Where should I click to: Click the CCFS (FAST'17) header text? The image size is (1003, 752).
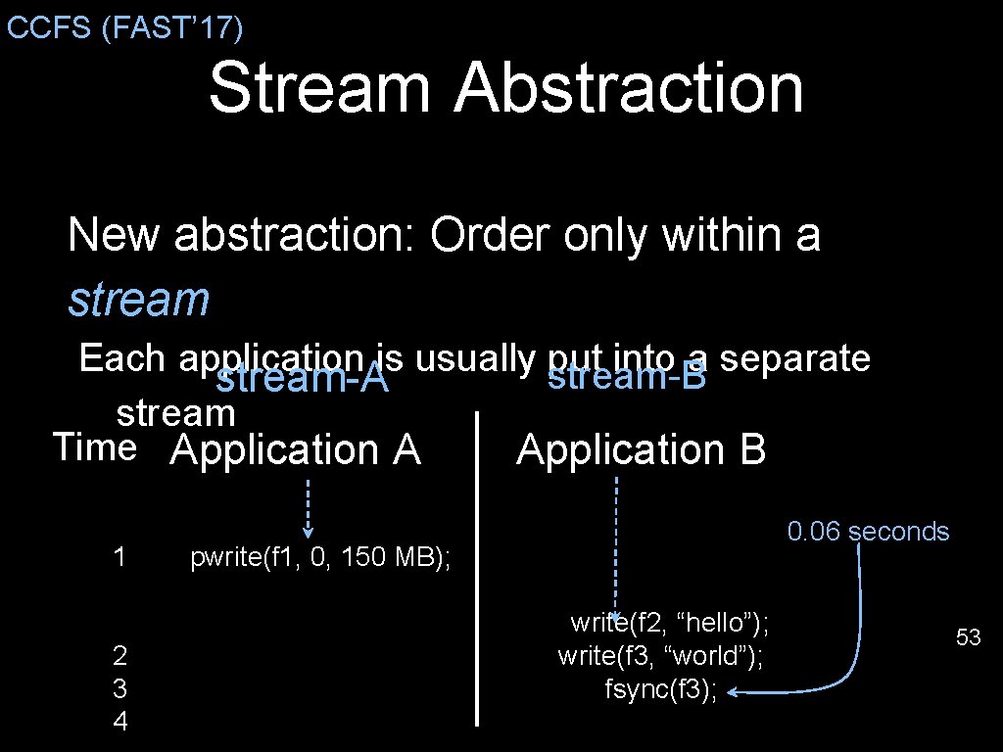(124, 27)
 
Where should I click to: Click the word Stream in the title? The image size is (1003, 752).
(319, 88)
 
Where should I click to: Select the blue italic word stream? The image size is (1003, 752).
(138, 299)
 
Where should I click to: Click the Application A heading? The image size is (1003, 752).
(295, 450)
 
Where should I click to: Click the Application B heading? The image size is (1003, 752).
(641, 450)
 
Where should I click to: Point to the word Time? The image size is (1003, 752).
(95, 447)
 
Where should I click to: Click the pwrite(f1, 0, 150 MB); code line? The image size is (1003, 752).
(320, 558)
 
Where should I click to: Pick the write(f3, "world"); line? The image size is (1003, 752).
(660, 656)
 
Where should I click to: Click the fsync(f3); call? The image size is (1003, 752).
(661, 690)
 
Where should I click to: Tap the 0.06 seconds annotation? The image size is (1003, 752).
(868, 532)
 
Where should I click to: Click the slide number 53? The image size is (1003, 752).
(968, 638)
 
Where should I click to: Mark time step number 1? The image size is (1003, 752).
(119, 558)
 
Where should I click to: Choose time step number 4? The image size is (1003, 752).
(119, 722)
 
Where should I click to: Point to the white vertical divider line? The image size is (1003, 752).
(477, 568)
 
